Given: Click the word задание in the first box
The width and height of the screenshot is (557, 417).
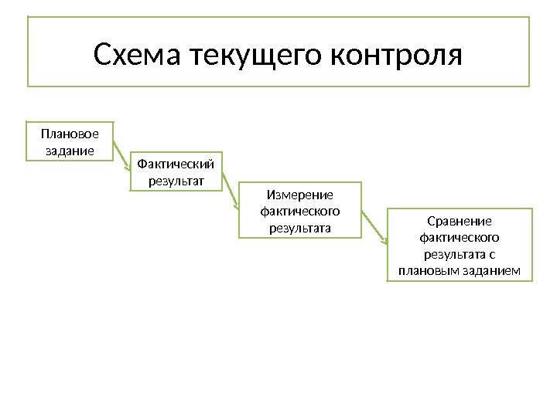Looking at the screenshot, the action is (70, 150).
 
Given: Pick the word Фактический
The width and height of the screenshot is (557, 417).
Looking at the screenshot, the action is (176, 164).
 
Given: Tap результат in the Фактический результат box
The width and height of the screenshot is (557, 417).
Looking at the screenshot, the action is (176, 181).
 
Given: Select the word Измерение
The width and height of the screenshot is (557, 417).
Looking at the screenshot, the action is (299, 195).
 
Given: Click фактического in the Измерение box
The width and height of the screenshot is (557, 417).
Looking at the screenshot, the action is (299, 211).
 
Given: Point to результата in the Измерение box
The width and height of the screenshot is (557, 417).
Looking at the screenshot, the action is (299, 228).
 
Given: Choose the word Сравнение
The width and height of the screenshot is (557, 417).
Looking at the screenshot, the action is (460, 220).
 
